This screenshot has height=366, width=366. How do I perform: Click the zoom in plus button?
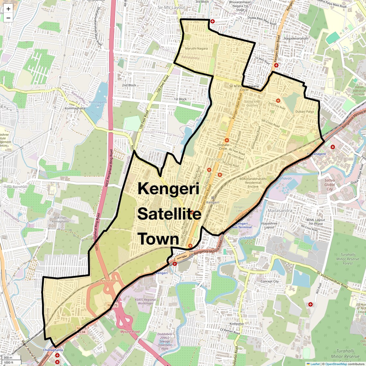pos(8,9)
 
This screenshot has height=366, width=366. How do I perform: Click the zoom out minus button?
pos(8,18)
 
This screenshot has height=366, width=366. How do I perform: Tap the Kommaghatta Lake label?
pos(98,104)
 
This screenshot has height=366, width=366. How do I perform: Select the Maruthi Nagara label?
pos(196,48)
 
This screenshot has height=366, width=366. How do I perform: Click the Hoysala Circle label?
pos(223,147)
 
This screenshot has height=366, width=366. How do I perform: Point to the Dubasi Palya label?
pos(304,112)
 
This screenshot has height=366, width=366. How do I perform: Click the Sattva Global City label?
pos(329,185)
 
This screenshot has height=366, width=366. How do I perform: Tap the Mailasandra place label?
pos(280,211)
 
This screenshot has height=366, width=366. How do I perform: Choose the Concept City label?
pos(269,281)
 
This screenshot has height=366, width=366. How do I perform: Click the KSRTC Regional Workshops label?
pos(145,301)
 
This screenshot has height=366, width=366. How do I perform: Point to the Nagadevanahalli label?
pos(296,39)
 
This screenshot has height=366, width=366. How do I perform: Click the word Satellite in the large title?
pos(169,214)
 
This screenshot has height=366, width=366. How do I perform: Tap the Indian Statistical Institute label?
pos(359,91)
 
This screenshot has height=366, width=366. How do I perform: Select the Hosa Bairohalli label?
pos(15,187)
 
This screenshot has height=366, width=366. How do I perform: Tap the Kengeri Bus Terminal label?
pos(242,225)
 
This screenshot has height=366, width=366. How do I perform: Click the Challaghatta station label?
pos(53,350)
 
